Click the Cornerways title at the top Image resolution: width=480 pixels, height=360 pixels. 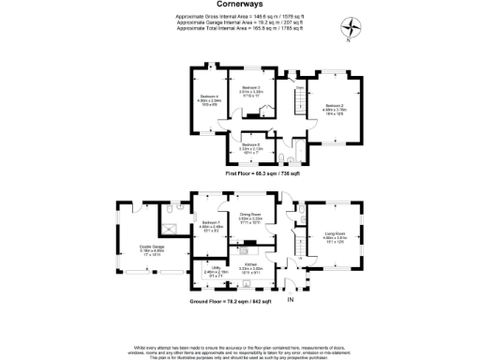tap(239, 6)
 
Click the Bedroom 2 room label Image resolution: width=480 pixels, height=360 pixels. tap(335, 108)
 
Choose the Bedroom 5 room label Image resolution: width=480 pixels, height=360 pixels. tap(251, 146)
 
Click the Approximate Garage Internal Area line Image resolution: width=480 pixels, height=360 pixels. tap(239, 22)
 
